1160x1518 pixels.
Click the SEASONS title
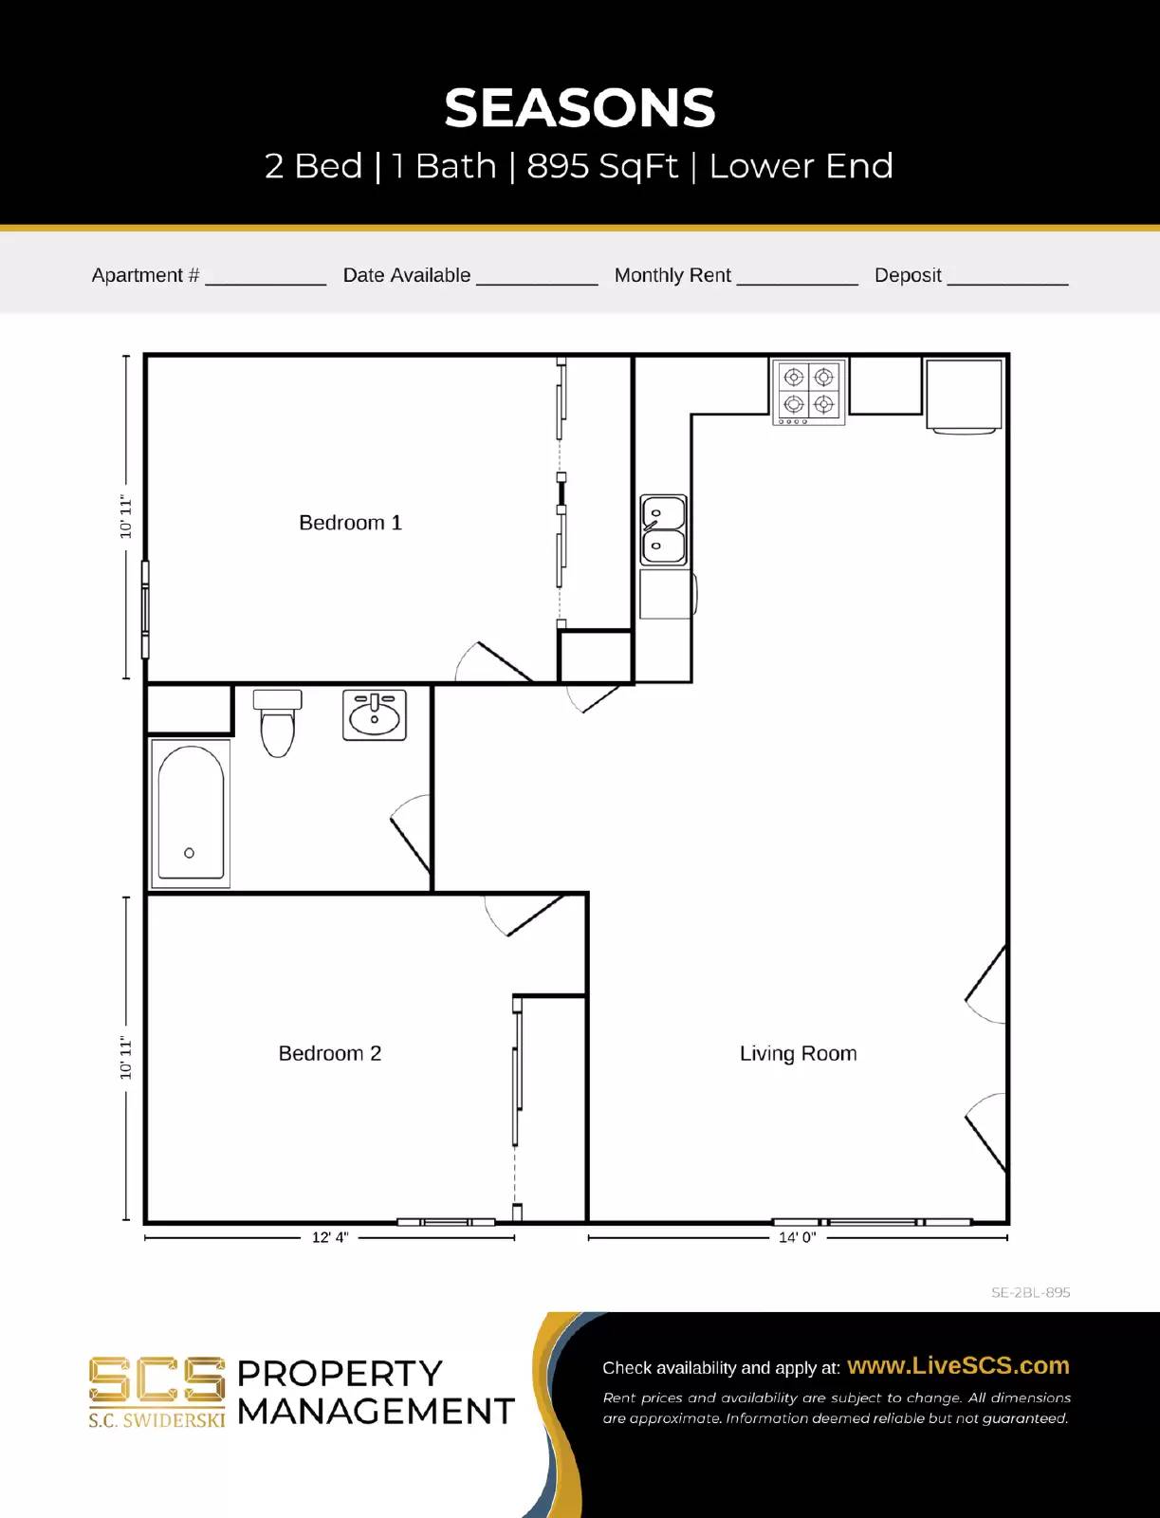pos(580,108)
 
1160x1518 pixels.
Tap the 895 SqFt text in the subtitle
pos(602,166)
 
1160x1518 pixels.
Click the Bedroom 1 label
pos(350,523)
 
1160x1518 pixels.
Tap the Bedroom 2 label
pos(329,1053)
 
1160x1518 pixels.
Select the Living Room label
pos(798,1053)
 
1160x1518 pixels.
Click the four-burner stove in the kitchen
pos(808,392)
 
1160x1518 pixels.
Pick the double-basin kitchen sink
pos(663,529)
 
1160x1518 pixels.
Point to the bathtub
pos(191,814)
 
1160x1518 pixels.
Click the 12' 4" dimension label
pos(330,1237)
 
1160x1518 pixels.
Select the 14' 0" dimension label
pos(797,1237)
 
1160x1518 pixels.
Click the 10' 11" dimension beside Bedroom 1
pos(125,517)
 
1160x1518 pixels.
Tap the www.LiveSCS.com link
pos(957,1365)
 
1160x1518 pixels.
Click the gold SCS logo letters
pos(157,1379)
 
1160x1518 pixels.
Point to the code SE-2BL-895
pos(1030,1292)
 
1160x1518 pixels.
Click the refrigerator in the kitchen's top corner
pos(964,395)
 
